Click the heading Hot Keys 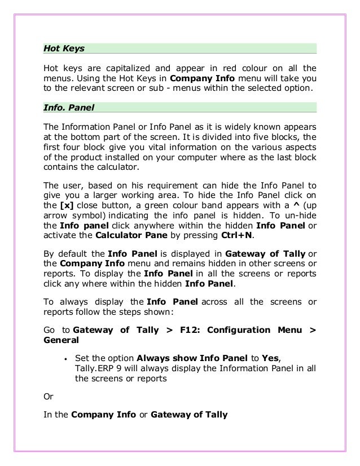tap(64, 49)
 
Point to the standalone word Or tap(49, 397)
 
